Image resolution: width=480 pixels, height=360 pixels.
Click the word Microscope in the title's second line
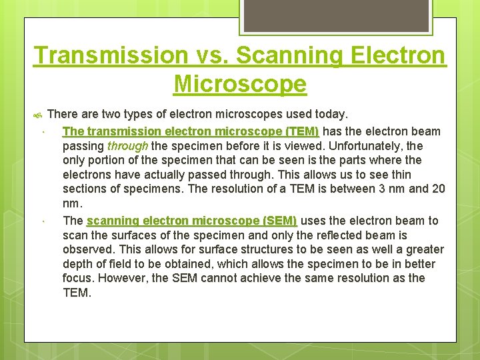tap(240, 84)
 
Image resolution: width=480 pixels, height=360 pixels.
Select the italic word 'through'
tap(128, 146)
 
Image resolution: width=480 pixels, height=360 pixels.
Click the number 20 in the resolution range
tap(438, 189)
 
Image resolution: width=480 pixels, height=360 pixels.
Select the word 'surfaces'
tap(133, 235)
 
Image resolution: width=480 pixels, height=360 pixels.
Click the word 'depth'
tap(77, 264)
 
